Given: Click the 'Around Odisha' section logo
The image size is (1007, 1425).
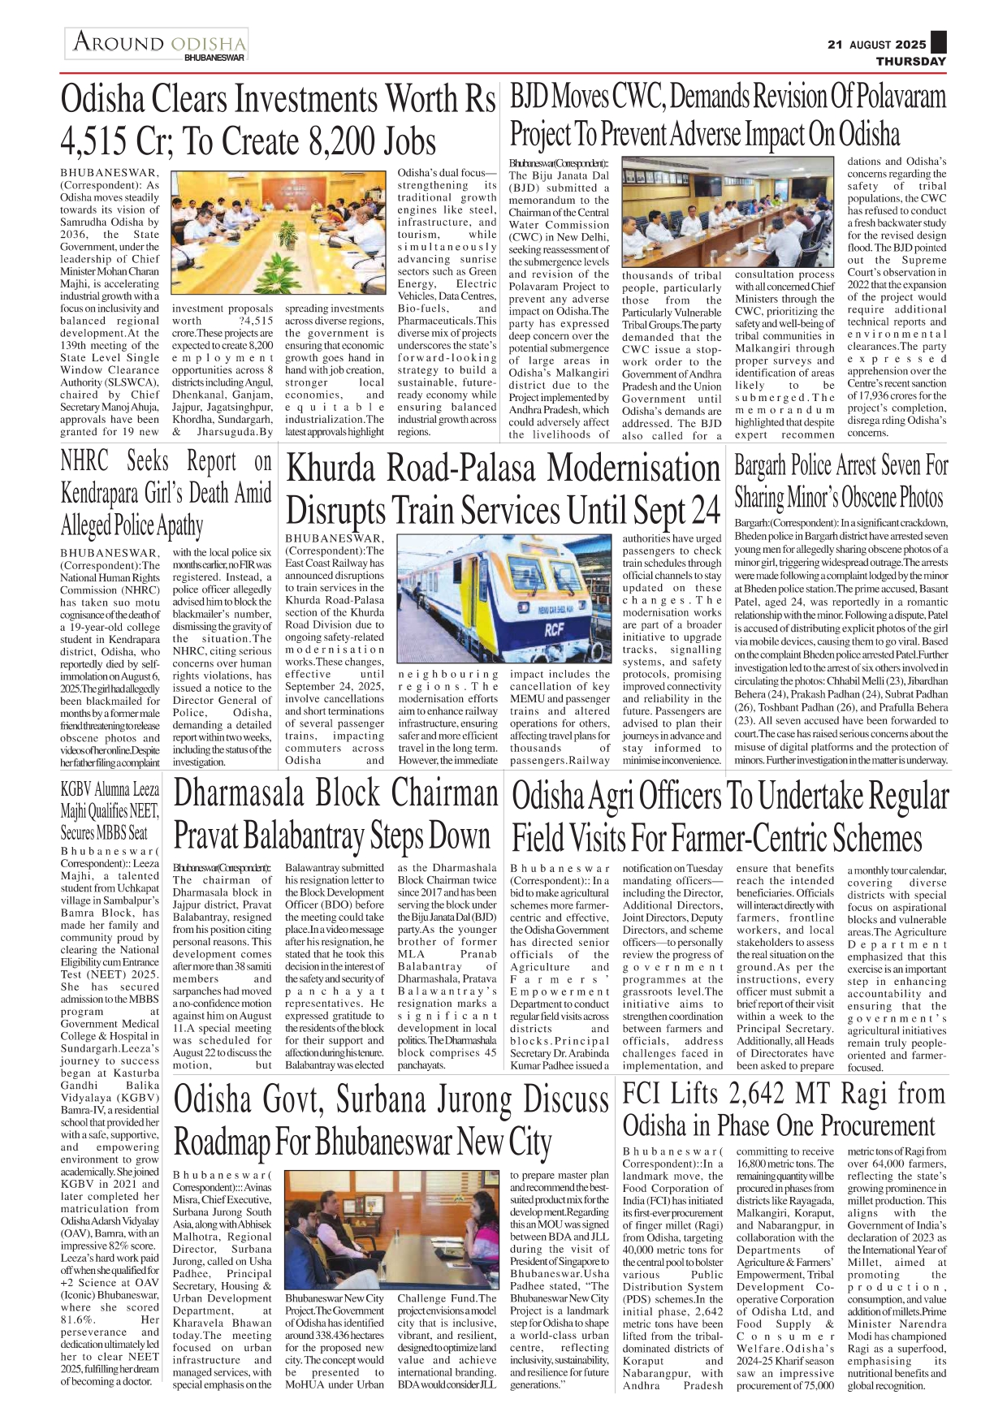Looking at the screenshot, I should point(157,42).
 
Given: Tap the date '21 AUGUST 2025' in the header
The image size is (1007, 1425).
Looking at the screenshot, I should point(876,45).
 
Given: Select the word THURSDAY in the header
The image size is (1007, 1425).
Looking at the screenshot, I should point(910,62).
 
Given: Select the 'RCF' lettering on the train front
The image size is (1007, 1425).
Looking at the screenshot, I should point(554,628).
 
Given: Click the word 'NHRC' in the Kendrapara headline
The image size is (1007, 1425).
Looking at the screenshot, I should point(84,461).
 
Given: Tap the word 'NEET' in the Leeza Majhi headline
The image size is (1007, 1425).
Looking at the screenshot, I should point(144,810).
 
